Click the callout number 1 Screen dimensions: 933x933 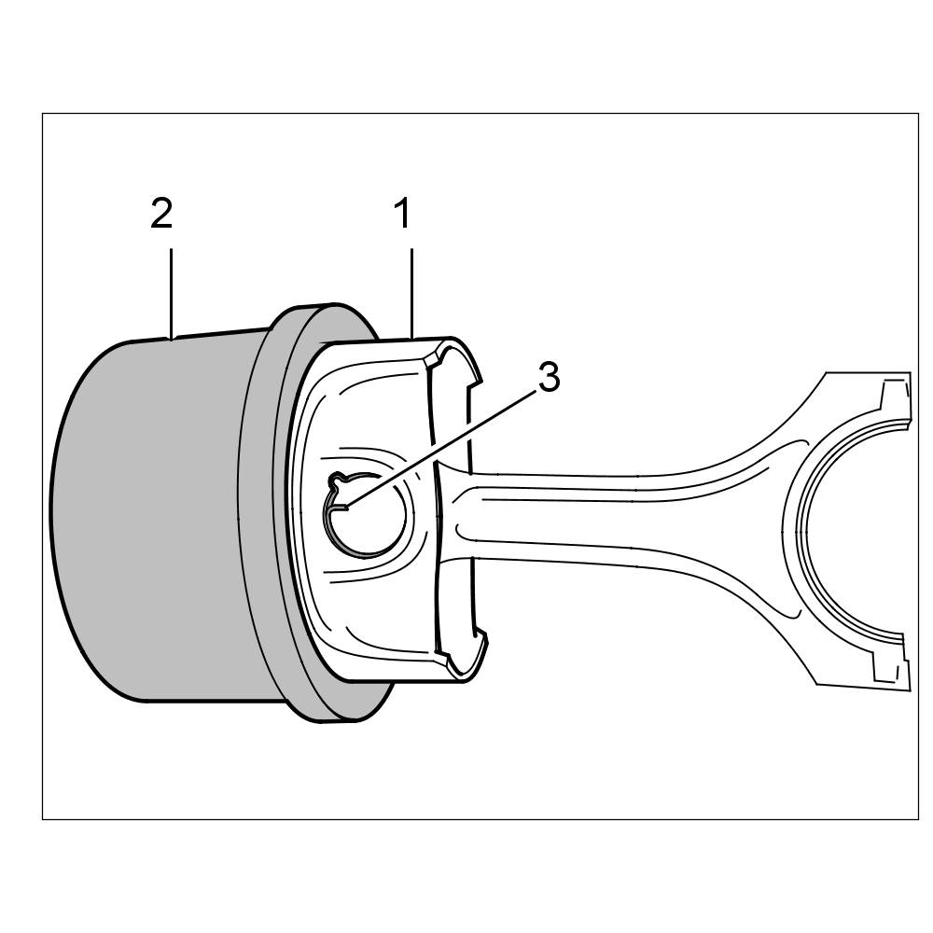pyautogui.click(x=402, y=215)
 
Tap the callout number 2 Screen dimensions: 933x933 pyautogui.click(x=161, y=215)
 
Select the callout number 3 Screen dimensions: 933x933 pyautogui.click(x=549, y=378)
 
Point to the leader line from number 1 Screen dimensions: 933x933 pyautogui.click(x=411, y=289)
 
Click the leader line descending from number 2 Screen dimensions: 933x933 pyautogui.click(x=171, y=289)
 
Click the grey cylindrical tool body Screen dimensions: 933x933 pyautogui.click(x=140, y=522)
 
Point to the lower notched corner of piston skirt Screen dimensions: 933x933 pyautogui.click(x=462, y=653)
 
